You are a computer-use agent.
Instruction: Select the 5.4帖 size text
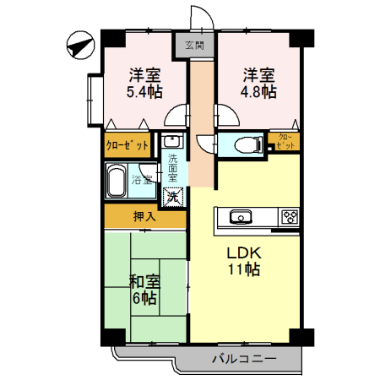144,90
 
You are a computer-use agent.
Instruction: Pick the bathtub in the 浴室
118,180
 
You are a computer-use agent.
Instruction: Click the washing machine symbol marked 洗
172,198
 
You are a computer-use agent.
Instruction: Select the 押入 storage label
144,217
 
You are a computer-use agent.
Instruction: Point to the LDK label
245,252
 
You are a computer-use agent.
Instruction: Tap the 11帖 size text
245,270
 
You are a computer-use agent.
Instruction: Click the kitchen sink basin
239,216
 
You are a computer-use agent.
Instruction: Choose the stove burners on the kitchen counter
290,216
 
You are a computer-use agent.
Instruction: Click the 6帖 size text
144,297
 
